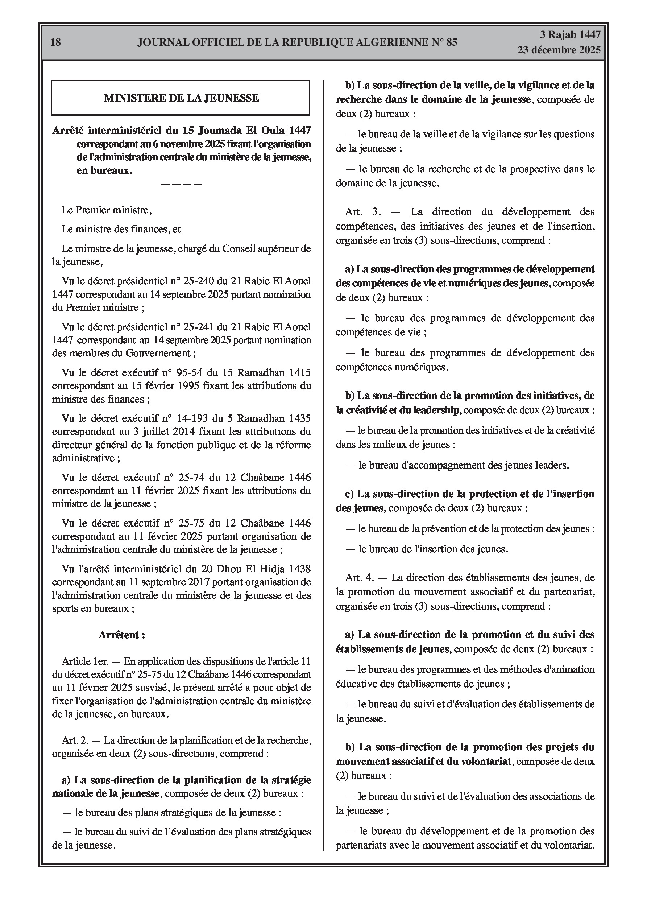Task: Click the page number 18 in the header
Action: click(x=56, y=42)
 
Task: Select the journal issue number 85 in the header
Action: click(x=452, y=42)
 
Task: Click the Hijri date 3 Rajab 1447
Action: click(x=570, y=35)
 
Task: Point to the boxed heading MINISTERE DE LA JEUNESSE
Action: click(x=181, y=98)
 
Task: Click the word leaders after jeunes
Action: click(x=553, y=465)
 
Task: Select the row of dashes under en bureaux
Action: click(x=181, y=184)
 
